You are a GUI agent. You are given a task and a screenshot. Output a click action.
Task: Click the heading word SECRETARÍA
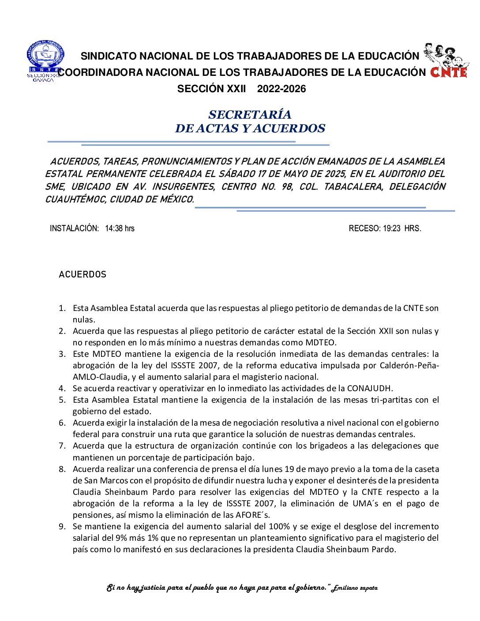pos(250,115)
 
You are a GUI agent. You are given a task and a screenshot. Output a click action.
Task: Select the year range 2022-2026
pos(281,89)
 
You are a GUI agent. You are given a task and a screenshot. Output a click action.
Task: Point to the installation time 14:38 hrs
pos(120,228)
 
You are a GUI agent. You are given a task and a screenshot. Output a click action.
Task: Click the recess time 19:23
pos(391,228)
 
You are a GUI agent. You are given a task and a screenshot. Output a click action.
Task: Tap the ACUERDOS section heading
pos(82,274)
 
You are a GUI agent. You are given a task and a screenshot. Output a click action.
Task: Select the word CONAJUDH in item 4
pos(369,388)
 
